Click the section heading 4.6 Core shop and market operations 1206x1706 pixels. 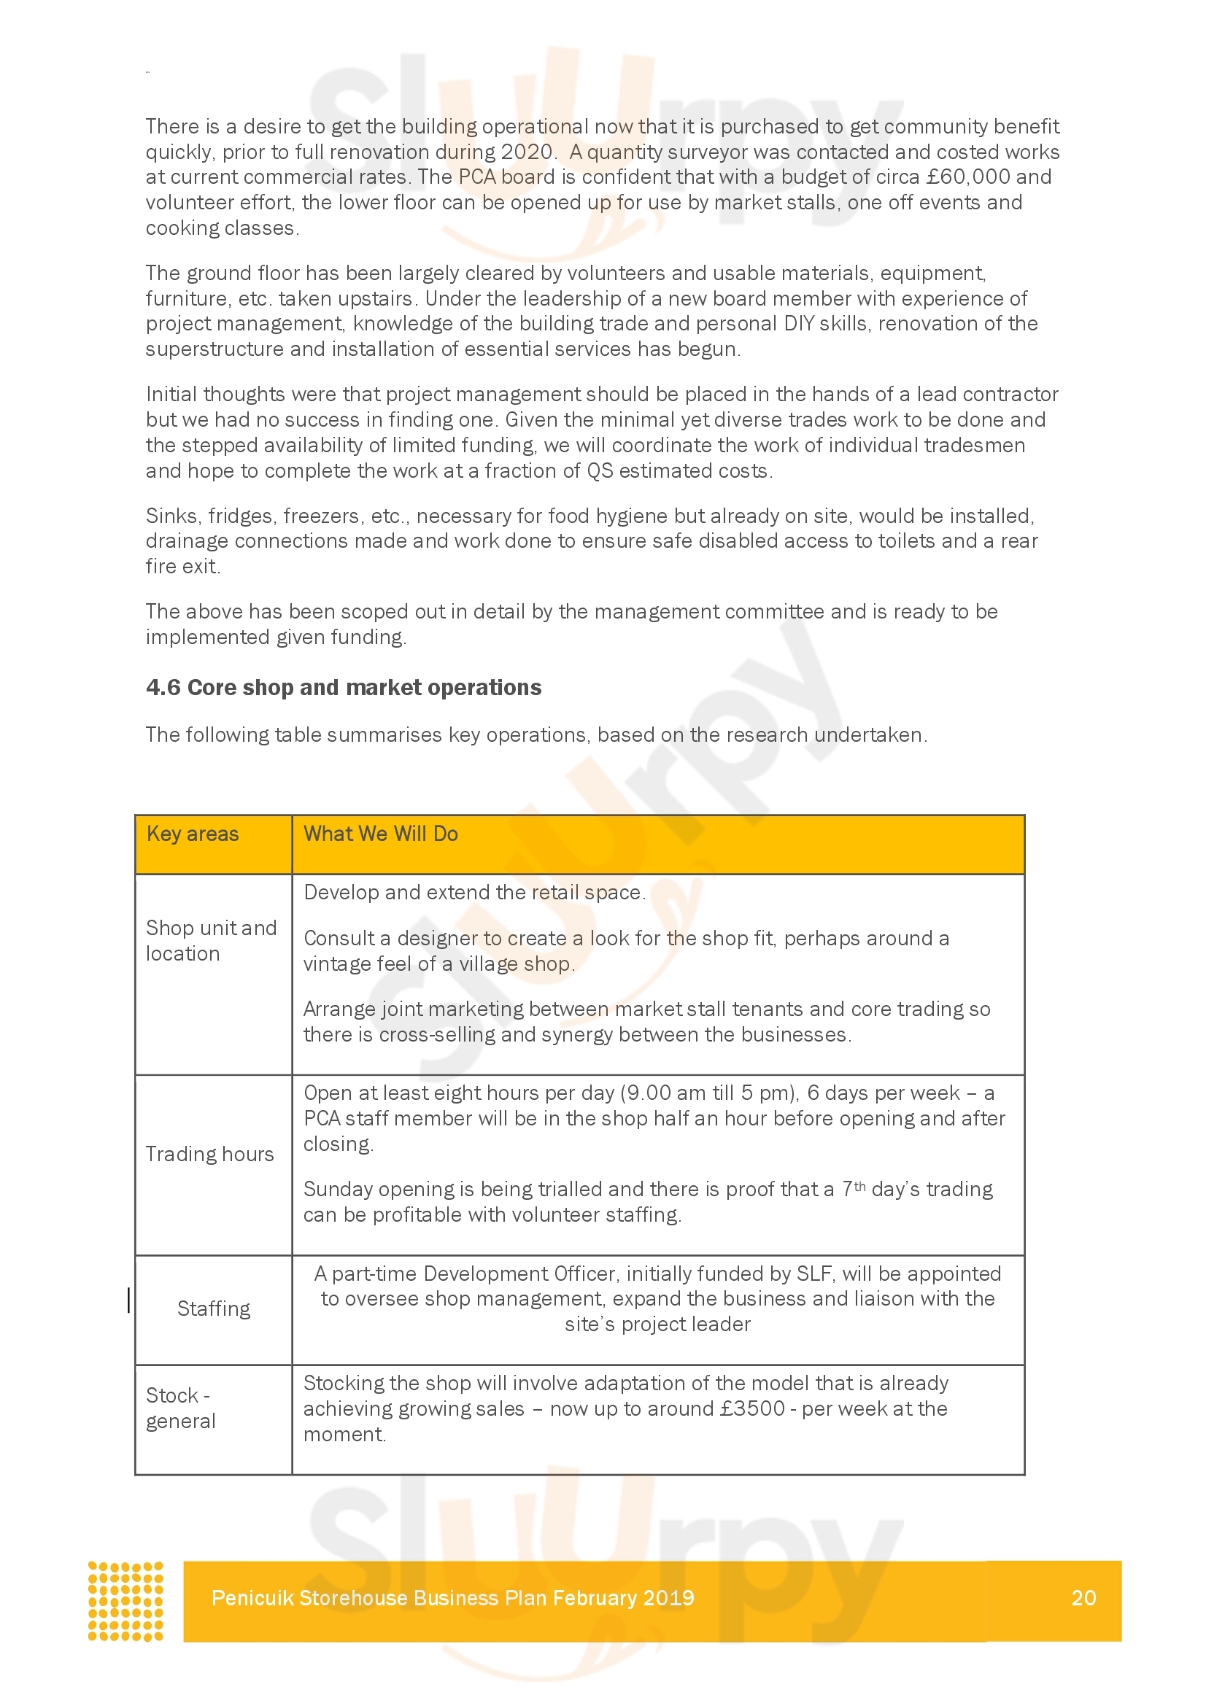[x=344, y=687]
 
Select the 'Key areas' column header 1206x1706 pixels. [x=193, y=834]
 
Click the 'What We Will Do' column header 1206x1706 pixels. [x=380, y=834]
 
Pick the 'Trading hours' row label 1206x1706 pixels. [x=209, y=1154]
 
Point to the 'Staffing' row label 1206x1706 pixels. [x=213, y=1308]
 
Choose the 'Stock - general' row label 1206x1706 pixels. [x=180, y=1408]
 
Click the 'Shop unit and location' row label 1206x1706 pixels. [x=211, y=941]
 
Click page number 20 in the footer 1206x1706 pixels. [x=1083, y=1597]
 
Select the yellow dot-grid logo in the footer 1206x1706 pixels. [x=125, y=1600]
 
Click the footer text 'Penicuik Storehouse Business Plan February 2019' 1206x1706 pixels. [x=452, y=1598]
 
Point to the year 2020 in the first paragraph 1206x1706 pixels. [x=527, y=152]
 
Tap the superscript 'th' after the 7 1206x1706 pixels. [x=859, y=1186]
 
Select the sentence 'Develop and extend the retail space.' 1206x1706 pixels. [x=474, y=892]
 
